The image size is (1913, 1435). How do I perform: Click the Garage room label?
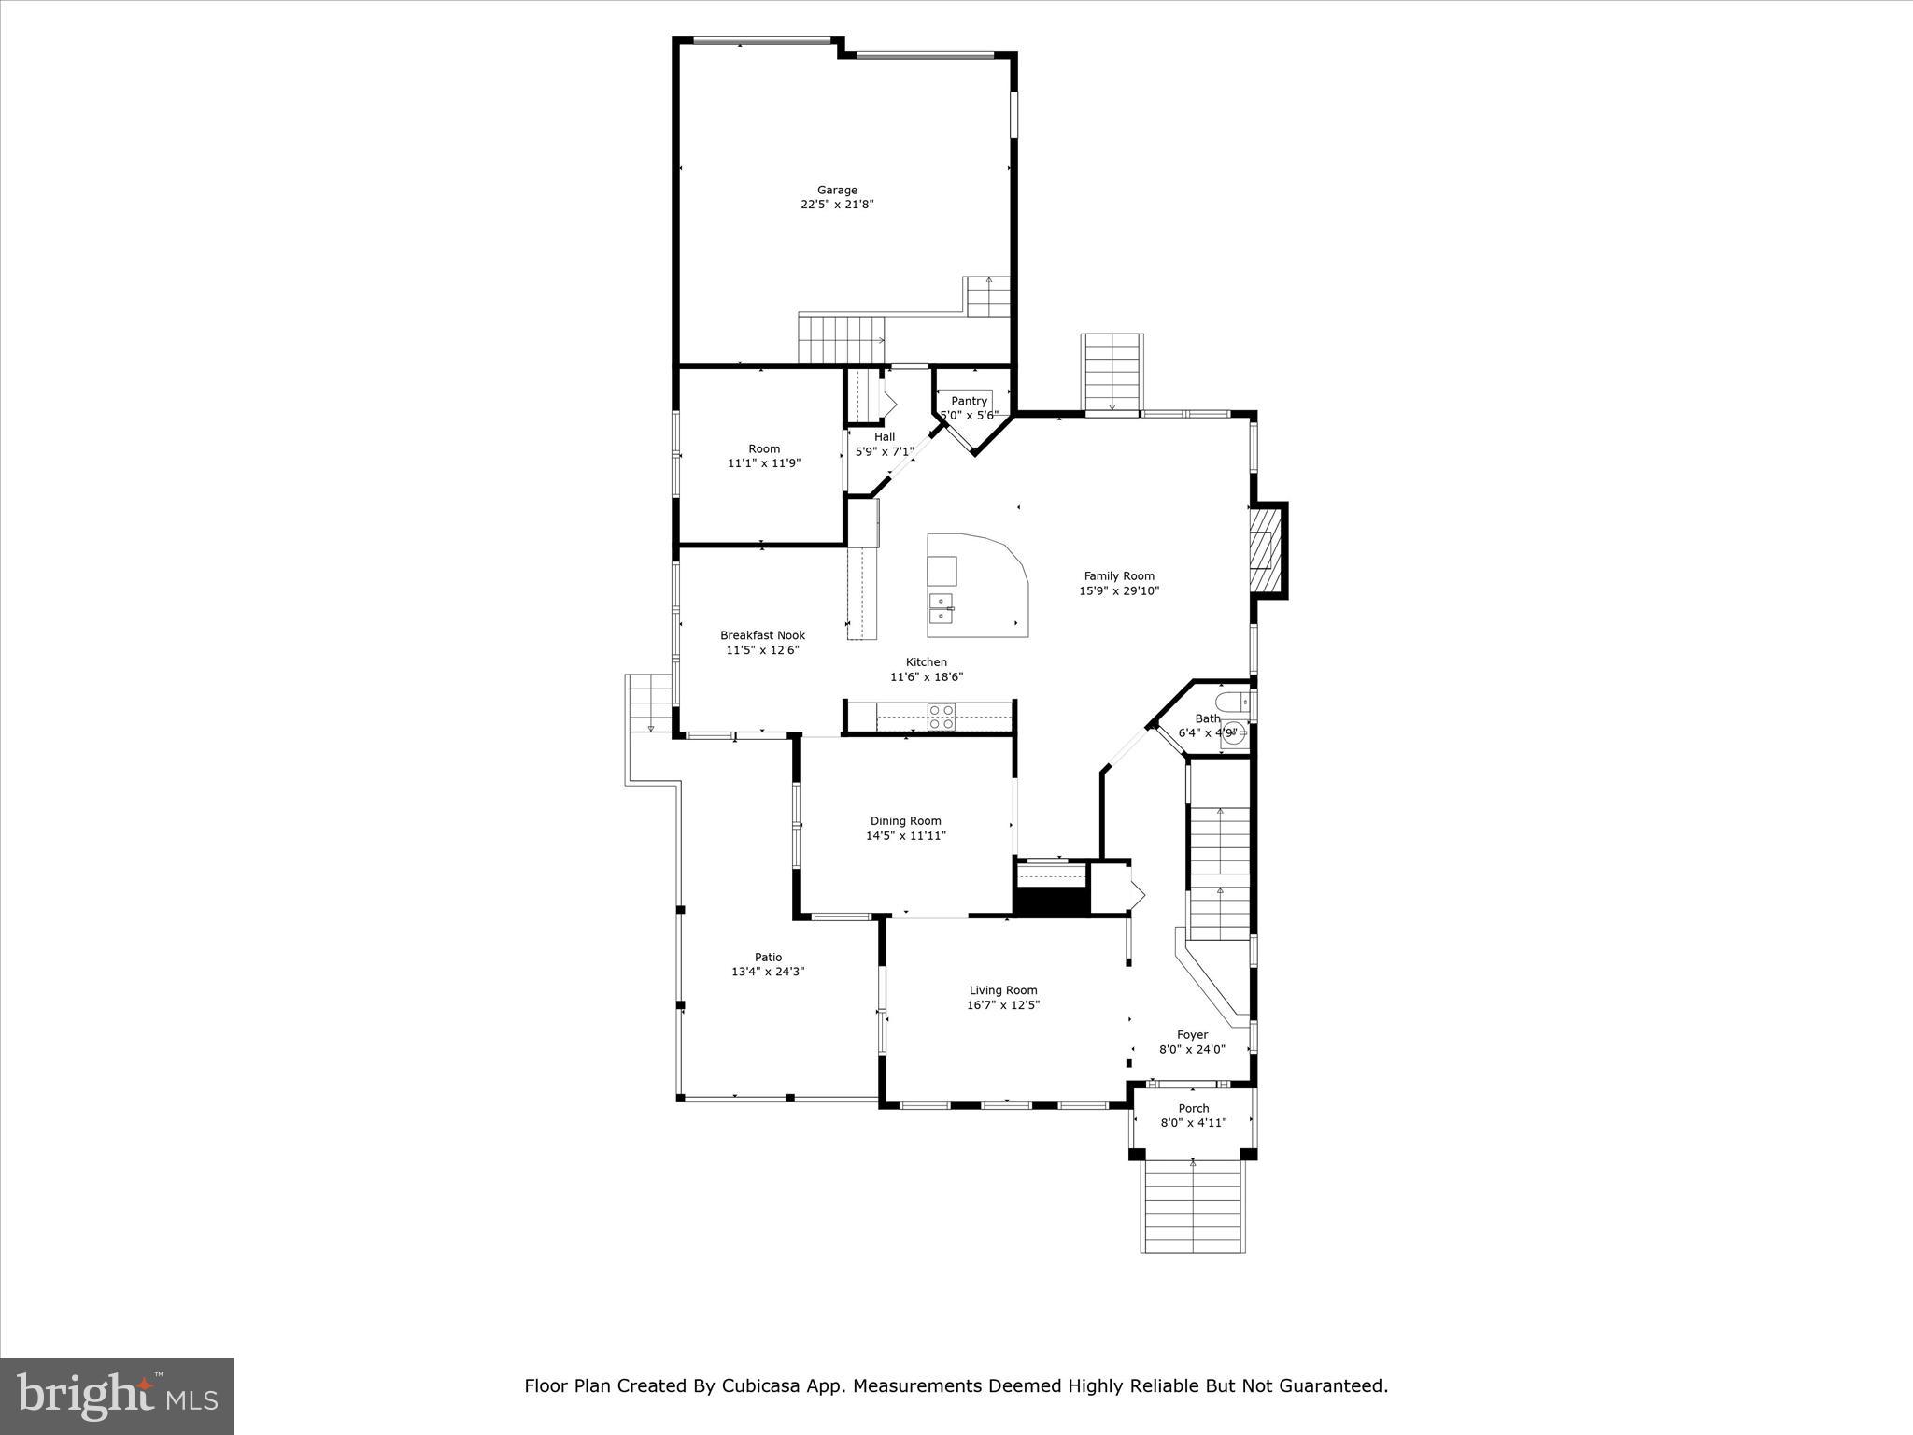(837, 190)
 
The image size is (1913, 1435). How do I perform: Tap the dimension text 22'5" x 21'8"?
(837, 205)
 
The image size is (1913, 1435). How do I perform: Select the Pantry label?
(969, 401)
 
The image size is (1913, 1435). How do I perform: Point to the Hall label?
(884, 436)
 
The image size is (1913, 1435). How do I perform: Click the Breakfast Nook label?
(762, 635)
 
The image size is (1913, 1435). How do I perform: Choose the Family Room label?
(1119, 576)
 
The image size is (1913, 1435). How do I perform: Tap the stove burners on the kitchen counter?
(942, 717)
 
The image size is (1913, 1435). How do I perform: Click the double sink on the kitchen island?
(941, 607)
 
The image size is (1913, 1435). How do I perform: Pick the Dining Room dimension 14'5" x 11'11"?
(905, 836)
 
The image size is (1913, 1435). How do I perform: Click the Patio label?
(768, 957)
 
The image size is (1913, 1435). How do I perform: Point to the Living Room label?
(1003, 990)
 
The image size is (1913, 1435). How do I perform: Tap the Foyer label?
(1192, 1034)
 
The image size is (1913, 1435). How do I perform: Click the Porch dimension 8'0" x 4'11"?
(1193, 1123)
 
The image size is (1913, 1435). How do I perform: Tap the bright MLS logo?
(117, 1396)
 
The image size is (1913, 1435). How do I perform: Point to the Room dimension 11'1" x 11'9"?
(763, 463)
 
